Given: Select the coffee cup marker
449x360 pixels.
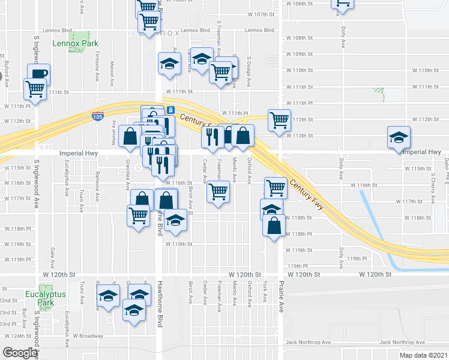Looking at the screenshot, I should [38, 74].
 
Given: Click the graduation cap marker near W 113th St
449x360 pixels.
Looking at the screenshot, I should [399, 137].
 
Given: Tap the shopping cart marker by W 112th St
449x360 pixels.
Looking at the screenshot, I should [279, 119].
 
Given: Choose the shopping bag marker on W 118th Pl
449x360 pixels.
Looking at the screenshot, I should [274, 226].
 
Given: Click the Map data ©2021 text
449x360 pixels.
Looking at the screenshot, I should [423, 355].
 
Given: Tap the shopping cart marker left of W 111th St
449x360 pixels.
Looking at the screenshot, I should [35, 89].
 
